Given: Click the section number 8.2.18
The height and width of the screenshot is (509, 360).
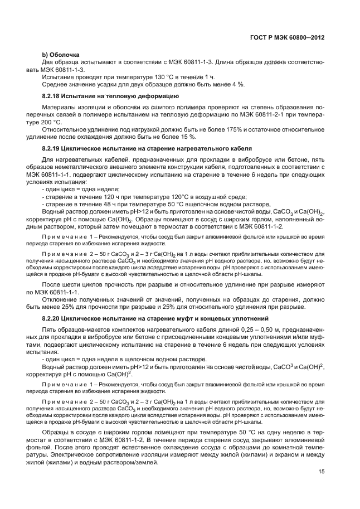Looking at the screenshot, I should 52,96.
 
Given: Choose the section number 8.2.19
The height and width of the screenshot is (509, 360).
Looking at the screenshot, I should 52,149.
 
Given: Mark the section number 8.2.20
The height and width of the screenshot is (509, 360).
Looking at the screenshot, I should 52,318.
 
